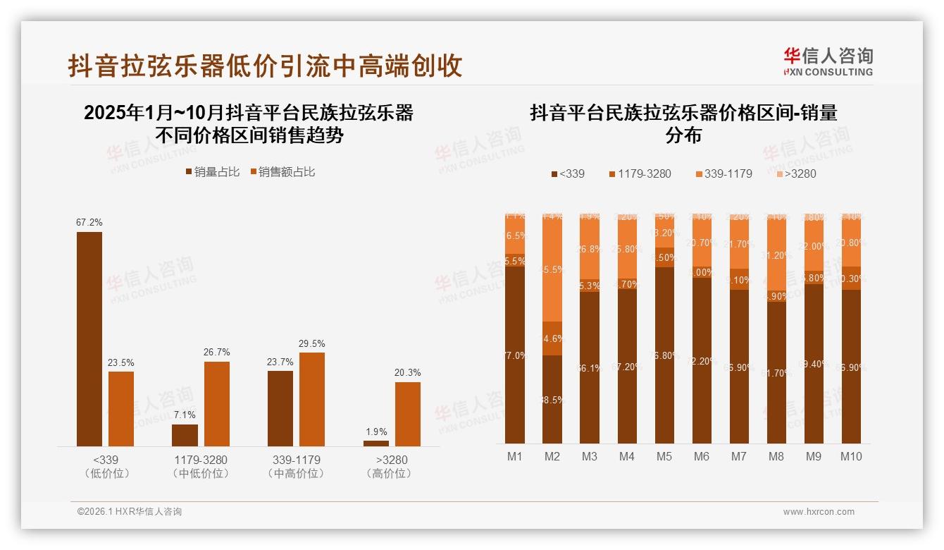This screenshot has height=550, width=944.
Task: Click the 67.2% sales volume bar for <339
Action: click(89, 338)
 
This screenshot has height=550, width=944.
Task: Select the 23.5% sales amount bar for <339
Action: click(121, 408)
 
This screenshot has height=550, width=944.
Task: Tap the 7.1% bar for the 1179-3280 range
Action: click(185, 435)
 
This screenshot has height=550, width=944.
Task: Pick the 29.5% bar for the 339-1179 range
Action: click(312, 399)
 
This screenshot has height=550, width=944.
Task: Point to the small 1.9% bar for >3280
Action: click(376, 443)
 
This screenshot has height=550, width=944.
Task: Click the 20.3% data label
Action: click(408, 373)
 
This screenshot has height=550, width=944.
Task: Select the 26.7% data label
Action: click(217, 352)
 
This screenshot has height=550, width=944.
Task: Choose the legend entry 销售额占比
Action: click(282, 172)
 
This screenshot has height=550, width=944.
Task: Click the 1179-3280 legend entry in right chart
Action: click(640, 173)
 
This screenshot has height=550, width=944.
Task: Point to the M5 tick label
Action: click(664, 456)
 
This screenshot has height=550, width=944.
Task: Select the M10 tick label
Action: click(851, 456)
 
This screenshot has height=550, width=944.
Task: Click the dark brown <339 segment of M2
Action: click(552, 399)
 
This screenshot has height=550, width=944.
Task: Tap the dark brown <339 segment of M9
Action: click(814, 364)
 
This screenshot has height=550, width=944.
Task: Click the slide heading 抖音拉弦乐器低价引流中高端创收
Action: click(265, 66)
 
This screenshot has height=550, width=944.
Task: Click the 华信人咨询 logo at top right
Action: click(828, 61)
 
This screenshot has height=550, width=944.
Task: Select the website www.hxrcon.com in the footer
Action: click(819, 512)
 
